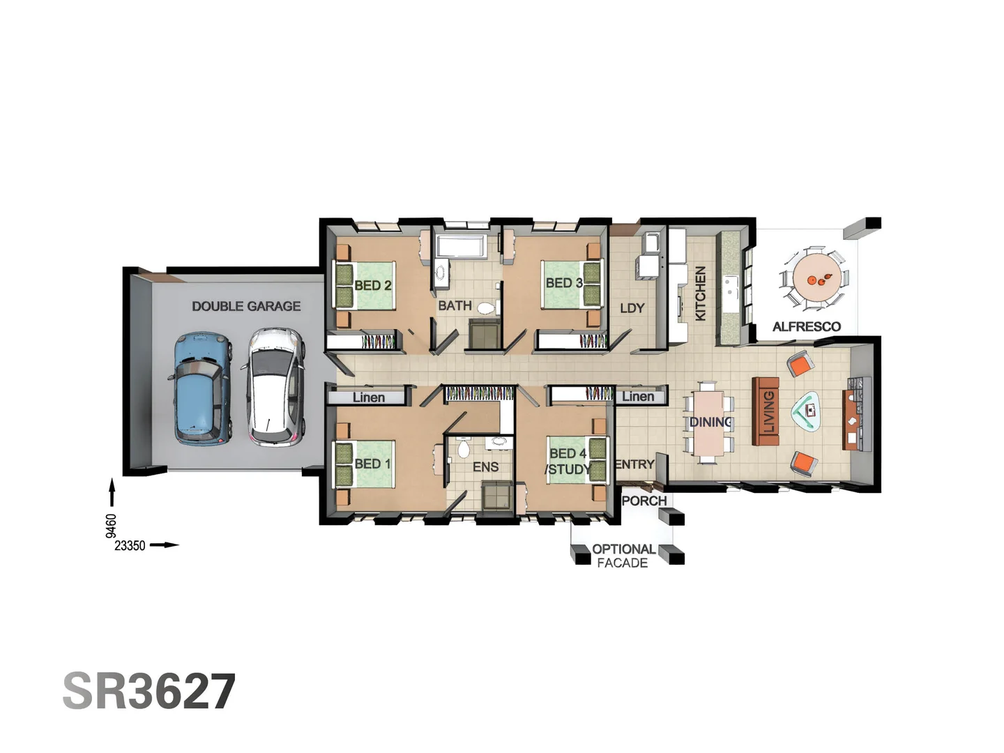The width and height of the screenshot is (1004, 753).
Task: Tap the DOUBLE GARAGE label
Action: (x=246, y=306)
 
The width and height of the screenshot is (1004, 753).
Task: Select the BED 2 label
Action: (x=372, y=285)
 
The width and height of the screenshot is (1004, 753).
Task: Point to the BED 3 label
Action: (x=563, y=283)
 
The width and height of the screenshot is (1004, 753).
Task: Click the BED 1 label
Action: (x=372, y=464)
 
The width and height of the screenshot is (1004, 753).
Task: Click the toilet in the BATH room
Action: (x=487, y=307)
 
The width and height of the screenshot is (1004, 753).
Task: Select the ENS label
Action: (x=485, y=466)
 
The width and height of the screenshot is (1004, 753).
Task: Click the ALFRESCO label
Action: (x=806, y=326)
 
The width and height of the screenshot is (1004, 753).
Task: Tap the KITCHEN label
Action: (x=701, y=294)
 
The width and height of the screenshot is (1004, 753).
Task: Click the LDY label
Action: (x=632, y=308)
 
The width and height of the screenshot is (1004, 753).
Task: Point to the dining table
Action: (x=708, y=423)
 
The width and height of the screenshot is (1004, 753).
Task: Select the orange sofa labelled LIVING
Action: (x=766, y=412)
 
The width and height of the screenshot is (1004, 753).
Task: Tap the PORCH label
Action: (x=644, y=501)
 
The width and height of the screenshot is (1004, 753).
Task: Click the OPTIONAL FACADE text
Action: (x=623, y=556)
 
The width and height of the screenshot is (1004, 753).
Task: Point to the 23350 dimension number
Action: (x=130, y=545)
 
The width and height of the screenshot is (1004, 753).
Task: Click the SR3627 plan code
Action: (x=149, y=692)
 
